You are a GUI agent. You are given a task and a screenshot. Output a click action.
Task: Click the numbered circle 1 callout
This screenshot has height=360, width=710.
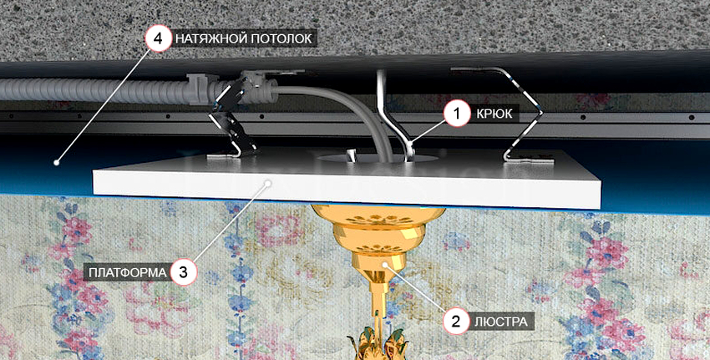pos(456,113)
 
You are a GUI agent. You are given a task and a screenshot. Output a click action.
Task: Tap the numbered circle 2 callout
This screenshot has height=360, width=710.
pos(456,318)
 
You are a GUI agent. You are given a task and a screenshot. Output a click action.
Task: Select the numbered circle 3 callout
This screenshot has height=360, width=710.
pos(184,271)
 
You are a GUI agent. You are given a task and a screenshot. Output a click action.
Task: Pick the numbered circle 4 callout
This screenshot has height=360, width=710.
pos(158,38)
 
